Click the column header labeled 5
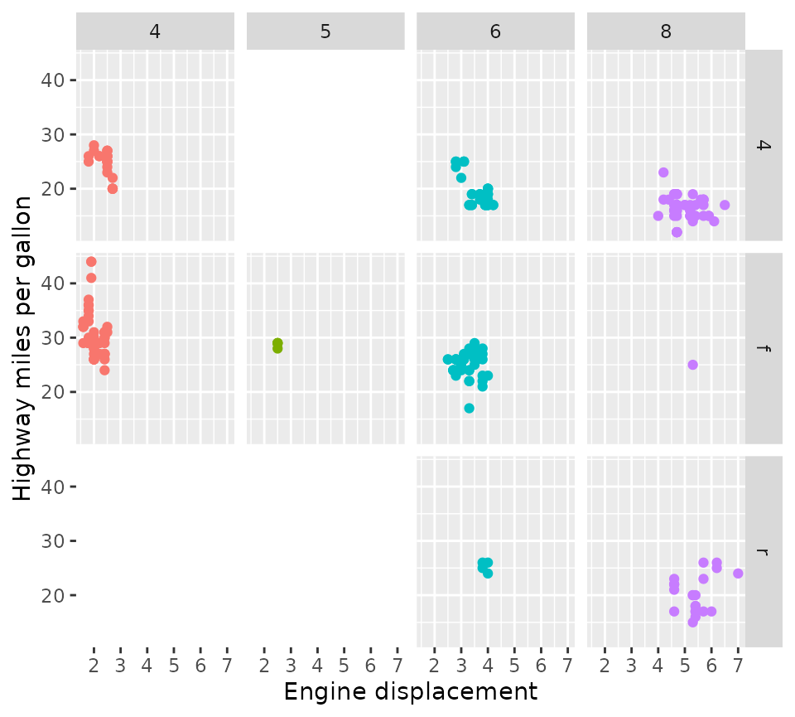325,31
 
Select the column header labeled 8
666,31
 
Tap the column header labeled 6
495,31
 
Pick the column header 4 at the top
155,31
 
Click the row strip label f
764,348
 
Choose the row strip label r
764,551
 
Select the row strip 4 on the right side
764,145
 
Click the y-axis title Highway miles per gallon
23,348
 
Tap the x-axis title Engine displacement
411,692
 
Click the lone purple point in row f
692,365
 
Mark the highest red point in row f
91,262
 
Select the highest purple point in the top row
663,172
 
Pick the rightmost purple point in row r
738,574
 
